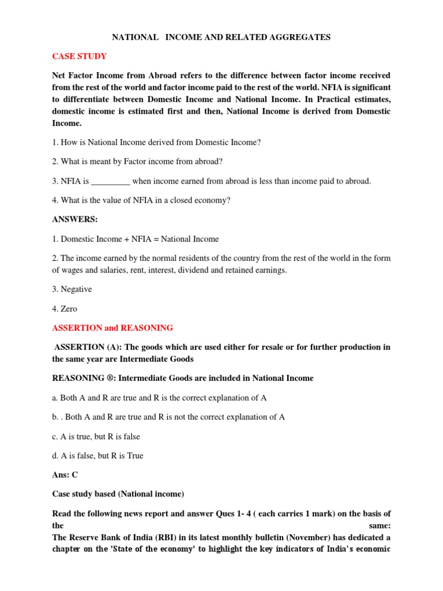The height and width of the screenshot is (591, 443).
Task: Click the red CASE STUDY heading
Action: (x=79, y=56)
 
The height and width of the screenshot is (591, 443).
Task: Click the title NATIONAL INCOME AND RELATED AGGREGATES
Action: (x=221, y=37)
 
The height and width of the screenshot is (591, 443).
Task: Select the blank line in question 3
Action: (x=111, y=181)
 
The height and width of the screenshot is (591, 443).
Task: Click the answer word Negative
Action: (x=72, y=289)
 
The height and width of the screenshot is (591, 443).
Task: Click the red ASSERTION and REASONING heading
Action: (x=112, y=328)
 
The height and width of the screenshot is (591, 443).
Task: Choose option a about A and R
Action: (x=159, y=398)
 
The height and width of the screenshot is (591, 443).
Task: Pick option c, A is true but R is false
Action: (x=96, y=436)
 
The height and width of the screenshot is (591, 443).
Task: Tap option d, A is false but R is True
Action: (x=97, y=455)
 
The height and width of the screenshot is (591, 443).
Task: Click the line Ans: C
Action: (x=65, y=475)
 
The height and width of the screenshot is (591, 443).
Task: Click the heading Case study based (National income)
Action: (x=118, y=494)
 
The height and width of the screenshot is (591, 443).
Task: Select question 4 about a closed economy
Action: (x=141, y=200)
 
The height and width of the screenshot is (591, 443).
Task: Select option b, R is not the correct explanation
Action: (x=168, y=417)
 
